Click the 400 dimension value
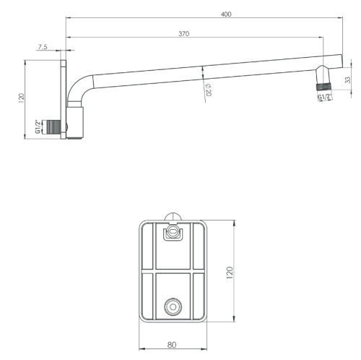click(226, 14)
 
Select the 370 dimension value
click(184, 34)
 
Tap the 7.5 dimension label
click(43, 47)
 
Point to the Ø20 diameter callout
click(209, 90)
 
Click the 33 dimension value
click(348, 80)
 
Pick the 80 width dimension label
click(172, 345)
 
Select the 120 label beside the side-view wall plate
click(22, 98)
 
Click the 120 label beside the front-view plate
click(230, 273)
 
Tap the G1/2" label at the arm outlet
click(325, 97)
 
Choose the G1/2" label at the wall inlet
click(38, 127)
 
